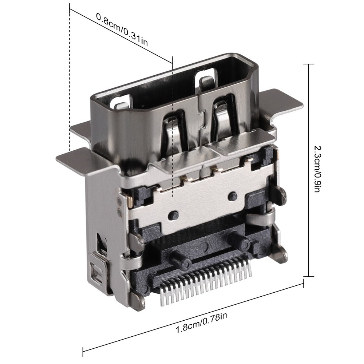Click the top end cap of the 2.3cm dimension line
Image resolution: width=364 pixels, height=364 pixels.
(x=309, y=64)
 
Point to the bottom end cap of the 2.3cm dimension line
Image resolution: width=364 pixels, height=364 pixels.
(x=309, y=277)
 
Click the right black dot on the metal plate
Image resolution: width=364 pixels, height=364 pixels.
(x=232, y=197)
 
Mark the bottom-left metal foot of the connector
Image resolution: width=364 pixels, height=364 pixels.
(x=138, y=302)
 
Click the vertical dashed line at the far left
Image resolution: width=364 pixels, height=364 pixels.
(x=69, y=80)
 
